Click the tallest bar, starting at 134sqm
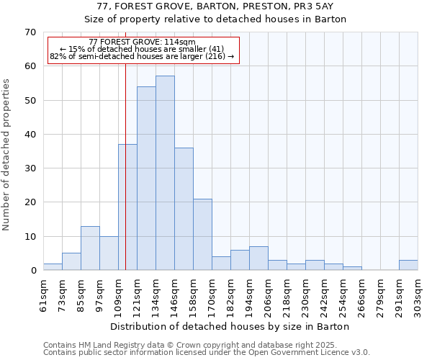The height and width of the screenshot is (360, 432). (165, 173)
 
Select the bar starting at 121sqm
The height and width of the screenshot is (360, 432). (146, 179)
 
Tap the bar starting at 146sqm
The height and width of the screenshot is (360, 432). (184, 209)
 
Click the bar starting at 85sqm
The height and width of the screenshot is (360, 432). (90, 248)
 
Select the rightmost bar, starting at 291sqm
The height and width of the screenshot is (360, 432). (408, 265)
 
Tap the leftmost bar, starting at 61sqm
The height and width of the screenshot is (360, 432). (53, 267)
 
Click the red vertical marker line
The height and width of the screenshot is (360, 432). (125, 144)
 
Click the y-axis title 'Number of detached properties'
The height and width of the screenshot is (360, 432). (6, 155)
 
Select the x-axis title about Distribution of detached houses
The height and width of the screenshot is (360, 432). (230, 326)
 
